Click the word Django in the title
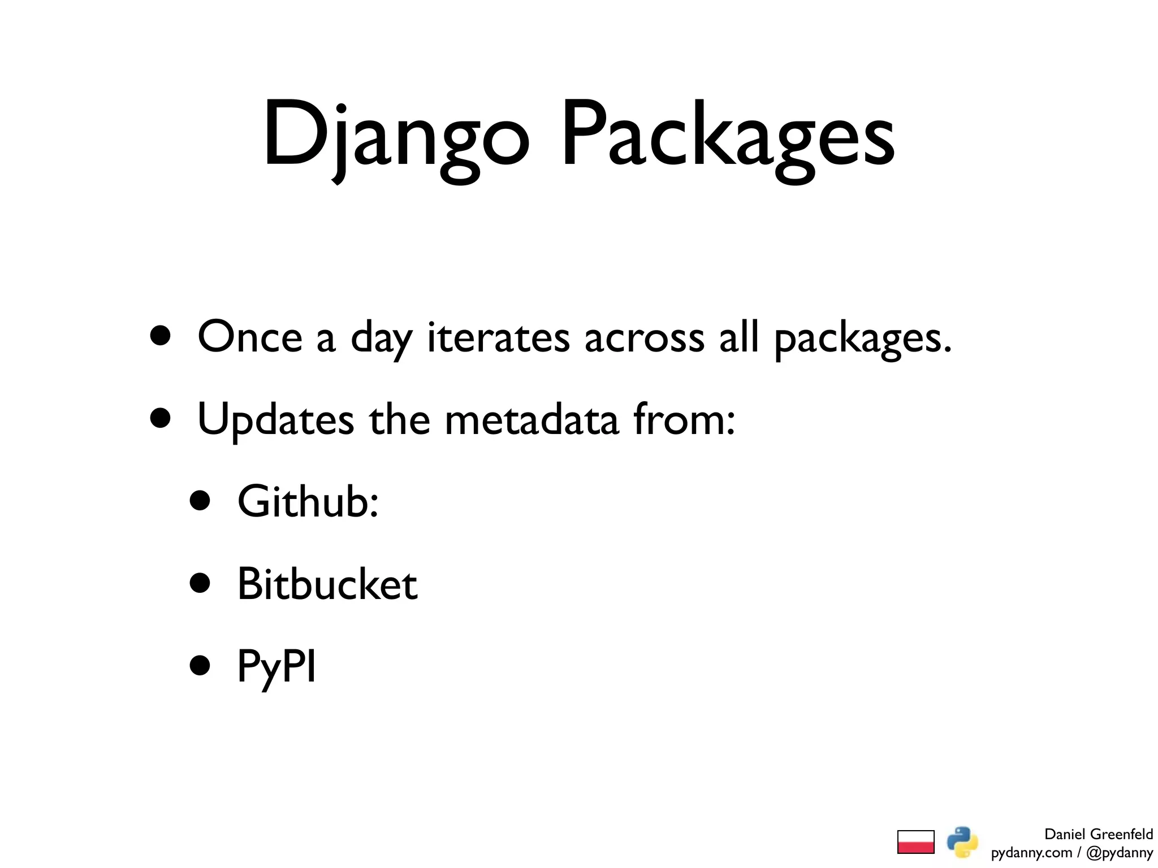click(x=396, y=136)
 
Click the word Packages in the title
click(x=727, y=136)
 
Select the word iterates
click(x=498, y=337)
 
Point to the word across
click(x=644, y=337)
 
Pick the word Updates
click(x=275, y=420)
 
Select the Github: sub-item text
click(x=308, y=501)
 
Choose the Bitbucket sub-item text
click(x=327, y=584)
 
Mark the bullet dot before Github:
click(x=200, y=501)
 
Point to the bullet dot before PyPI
click(x=200, y=665)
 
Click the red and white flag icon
click(x=915, y=842)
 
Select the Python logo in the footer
click(x=962, y=842)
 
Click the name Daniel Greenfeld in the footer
click(x=1098, y=834)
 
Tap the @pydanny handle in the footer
click(x=1120, y=853)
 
